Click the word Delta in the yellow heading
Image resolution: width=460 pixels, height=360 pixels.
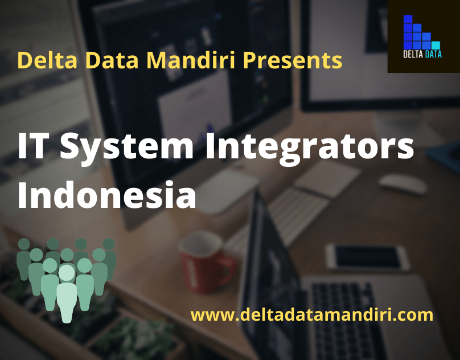tap(39, 60)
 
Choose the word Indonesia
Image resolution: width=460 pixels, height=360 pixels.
tap(106, 194)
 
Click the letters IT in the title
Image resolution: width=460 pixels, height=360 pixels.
tap(35, 148)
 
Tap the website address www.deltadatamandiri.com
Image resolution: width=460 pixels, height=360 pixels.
tap(311, 314)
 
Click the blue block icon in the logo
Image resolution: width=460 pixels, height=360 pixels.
tap(418, 35)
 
